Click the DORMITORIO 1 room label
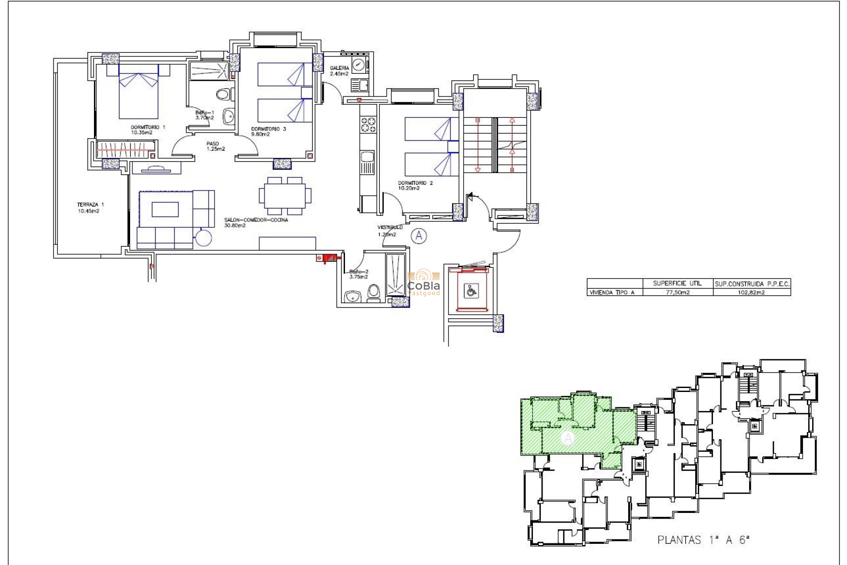click(147, 130)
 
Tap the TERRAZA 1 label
click(90, 207)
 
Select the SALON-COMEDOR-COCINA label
click(255, 222)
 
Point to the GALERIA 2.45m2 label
click(339, 71)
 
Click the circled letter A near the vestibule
click(419, 236)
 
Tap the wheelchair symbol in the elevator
click(471, 291)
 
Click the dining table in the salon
click(285, 195)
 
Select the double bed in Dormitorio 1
click(139, 95)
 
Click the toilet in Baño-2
click(374, 292)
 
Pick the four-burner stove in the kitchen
click(368, 124)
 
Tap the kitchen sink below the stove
click(367, 157)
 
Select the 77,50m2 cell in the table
click(677, 292)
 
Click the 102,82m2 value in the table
click(751, 292)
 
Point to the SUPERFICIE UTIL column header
click(677, 283)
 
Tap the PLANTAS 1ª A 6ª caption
click(703, 540)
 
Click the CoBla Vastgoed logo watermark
click(423, 283)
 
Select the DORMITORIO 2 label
click(415, 185)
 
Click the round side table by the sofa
click(203, 238)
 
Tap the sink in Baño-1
click(229, 117)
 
